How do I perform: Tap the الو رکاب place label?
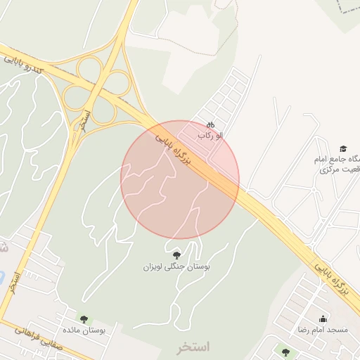(x=210, y=135)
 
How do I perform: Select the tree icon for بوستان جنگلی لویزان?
(x=176, y=255)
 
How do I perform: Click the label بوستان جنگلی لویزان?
(x=177, y=267)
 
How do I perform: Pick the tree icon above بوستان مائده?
(x=85, y=319)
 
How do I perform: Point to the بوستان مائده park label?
(x=84, y=330)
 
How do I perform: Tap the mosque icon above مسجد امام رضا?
(x=323, y=319)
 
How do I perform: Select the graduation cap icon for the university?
(x=343, y=148)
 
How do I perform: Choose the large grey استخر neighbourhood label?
(x=194, y=347)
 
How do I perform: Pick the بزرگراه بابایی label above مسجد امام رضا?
(x=335, y=281)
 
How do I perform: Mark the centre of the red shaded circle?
(x=180, y=179)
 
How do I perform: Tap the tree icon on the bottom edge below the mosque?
(x=285, y=352)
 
